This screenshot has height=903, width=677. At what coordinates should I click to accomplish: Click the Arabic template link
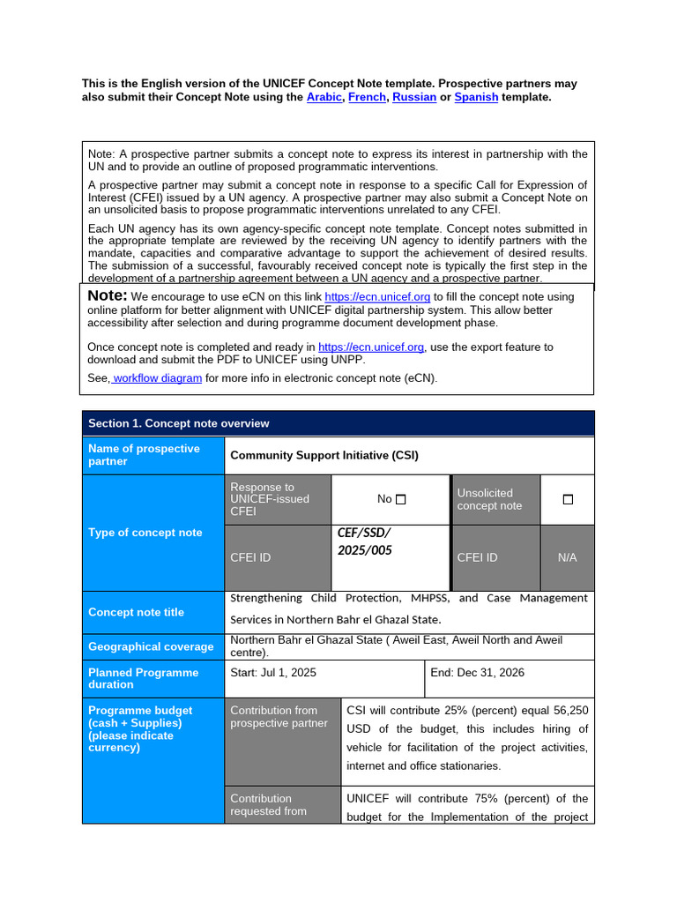click(x=324, y=97)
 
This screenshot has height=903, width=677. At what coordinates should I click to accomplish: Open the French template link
click(x=367, y=97)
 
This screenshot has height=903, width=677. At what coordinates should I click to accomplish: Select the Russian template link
click(x=414, y=97)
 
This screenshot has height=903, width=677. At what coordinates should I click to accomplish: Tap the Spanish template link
click(x=476, y=97)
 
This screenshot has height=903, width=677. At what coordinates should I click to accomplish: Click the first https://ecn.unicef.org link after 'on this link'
click(x=377, y=297)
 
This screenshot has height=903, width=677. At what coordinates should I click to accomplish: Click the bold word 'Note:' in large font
click(x=108, y=295)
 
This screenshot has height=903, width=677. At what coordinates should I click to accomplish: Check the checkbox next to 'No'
click(x=401, y=499)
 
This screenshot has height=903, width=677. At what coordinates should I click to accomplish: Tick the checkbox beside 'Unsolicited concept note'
click(x=568, y=499)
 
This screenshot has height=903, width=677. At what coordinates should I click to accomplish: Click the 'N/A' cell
click(x=567, y=557)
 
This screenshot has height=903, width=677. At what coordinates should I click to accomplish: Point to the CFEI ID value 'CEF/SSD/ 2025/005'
click(x=364, y=541)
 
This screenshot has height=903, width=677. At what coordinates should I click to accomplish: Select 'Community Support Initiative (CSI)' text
click(x=324, y=455)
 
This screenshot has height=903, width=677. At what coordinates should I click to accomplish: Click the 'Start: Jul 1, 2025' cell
click(x=273, y=672)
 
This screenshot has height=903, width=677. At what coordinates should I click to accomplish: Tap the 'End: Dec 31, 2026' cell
click(x=477, y=672)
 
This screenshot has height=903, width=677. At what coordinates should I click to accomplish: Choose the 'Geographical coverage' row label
click(x=151, y=646)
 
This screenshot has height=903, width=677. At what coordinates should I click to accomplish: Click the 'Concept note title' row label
click(x=137, y=612)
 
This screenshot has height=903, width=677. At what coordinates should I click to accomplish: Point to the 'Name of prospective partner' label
click(x=144, y=455)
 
